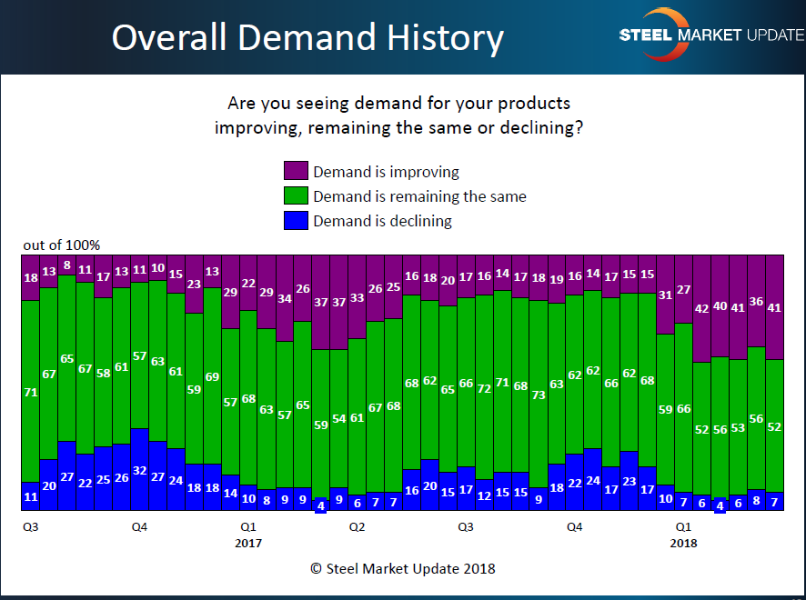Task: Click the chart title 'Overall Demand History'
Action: coord(307,37)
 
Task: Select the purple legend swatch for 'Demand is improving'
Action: coord(296,171)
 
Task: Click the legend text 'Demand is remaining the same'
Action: coord(419,195)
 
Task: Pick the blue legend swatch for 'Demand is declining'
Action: coord(296,220)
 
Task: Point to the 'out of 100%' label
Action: coord(62,245)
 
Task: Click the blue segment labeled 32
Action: coord(139,469)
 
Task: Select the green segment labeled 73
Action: coord(539,395)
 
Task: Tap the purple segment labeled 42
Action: coord(701,308)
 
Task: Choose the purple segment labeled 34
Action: coord(285,298)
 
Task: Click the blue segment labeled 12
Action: coord(484,495)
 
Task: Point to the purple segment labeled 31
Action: coord(665,295)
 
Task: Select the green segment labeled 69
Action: coord(212,376)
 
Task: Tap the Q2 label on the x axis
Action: coord(357,526)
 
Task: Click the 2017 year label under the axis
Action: coord(247,543)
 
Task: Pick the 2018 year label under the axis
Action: coord(683,543)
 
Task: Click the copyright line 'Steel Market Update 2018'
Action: coord(402,568)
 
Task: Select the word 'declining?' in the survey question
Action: coord(543,127)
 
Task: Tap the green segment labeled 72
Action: coord(484,388)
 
